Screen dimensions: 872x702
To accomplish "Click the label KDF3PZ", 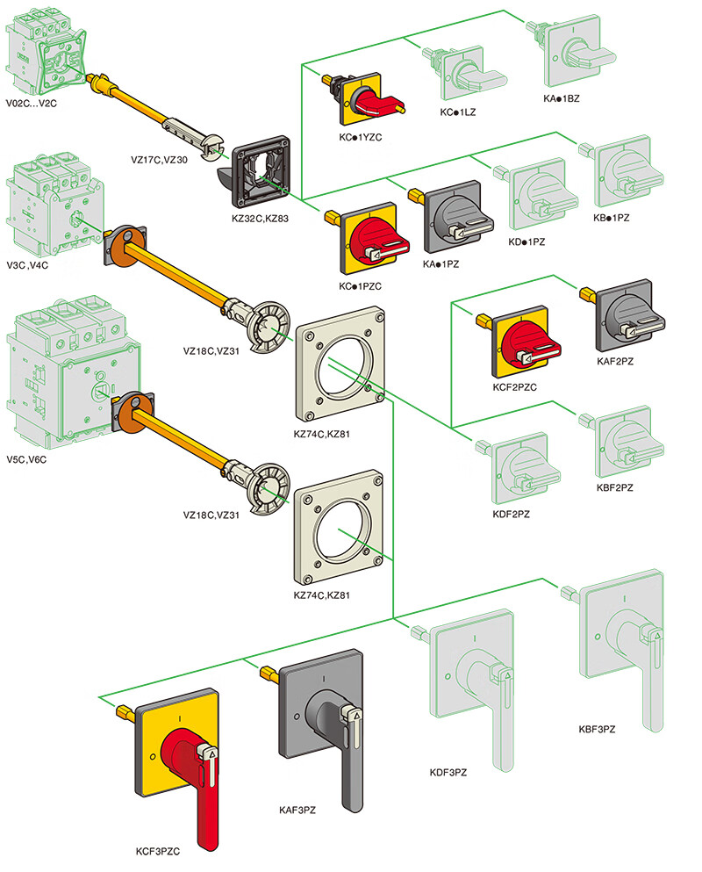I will click(448, 772).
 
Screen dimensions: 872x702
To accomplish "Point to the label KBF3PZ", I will click(597, 729).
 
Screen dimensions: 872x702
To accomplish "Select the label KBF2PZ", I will click(615, 486).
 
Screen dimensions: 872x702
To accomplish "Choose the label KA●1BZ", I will click(562, 98).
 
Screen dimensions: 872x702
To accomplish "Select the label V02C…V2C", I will click(31, 103).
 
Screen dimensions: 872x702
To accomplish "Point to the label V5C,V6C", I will click(28, 458).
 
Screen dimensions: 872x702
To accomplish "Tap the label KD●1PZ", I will click(526, 241).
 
